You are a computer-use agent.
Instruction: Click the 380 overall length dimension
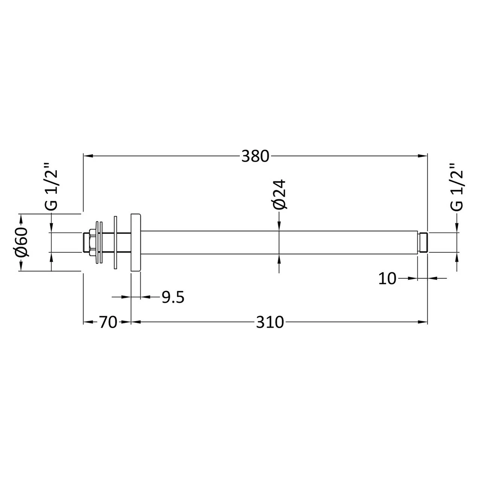255,156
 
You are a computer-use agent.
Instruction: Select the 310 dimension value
270,322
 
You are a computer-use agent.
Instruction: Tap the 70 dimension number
108,322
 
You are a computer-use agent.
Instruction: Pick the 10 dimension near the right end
387,278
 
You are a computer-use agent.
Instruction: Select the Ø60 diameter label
22,242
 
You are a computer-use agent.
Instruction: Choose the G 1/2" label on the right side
457,187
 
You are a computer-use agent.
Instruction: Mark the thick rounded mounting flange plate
135,242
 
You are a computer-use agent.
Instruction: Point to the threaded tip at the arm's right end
422,242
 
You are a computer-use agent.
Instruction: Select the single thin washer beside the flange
116,242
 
